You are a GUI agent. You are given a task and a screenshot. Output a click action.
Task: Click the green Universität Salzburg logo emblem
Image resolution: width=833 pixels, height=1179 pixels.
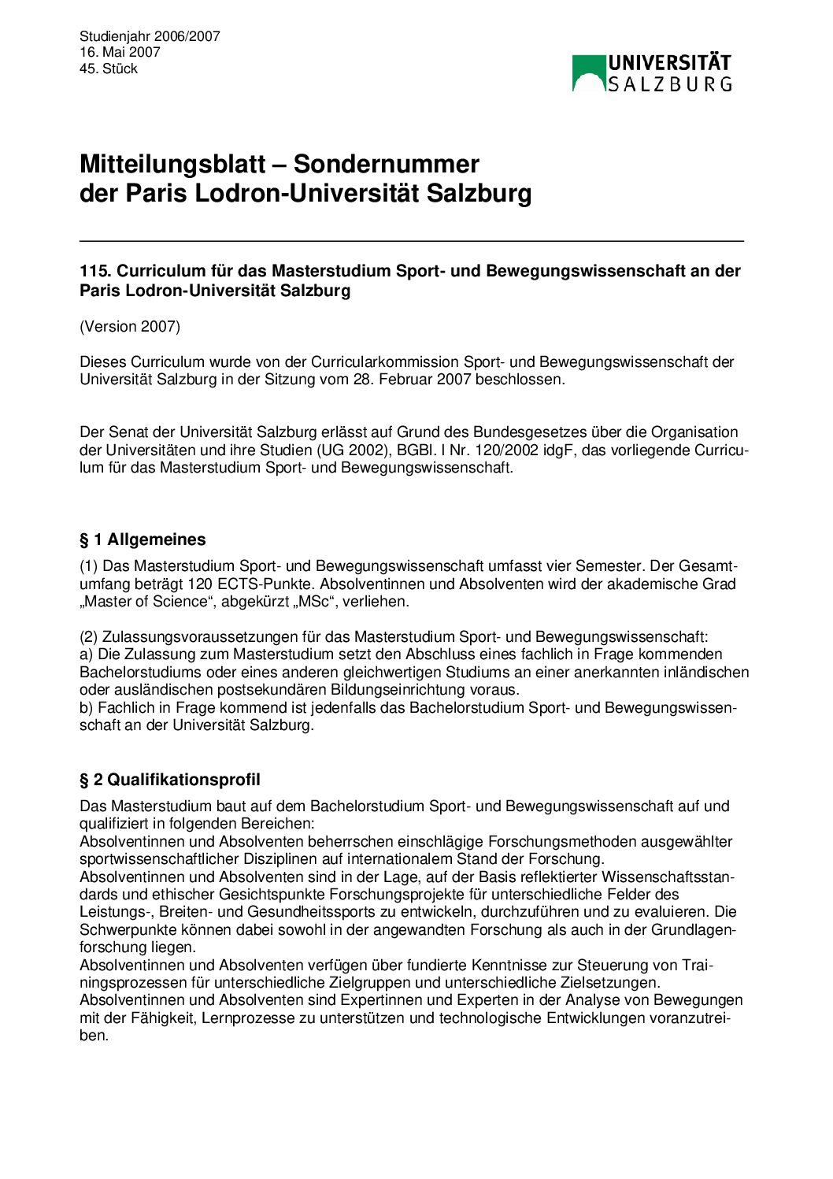[x=589, y=72]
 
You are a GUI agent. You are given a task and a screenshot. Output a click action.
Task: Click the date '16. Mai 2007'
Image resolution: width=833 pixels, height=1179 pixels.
[x=120, y=52]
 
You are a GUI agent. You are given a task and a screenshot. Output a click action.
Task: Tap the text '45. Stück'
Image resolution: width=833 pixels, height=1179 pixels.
[x=109, y=69]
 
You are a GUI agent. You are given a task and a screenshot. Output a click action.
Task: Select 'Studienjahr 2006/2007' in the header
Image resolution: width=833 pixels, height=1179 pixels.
[x=150, y=36]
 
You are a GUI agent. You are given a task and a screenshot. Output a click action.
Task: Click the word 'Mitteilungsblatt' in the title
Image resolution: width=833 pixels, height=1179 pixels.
[x=172, y=164]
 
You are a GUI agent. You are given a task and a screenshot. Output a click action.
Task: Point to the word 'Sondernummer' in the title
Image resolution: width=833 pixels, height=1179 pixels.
[x=386, y=164]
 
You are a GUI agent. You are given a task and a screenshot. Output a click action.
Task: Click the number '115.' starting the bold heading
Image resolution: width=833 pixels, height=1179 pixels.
[x=94, y=271]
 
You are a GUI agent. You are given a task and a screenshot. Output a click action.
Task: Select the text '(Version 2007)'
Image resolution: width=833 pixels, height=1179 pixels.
[x=130, y=326]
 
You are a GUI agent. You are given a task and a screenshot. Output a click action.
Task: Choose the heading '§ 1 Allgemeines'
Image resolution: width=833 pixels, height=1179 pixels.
[x=143, y=539]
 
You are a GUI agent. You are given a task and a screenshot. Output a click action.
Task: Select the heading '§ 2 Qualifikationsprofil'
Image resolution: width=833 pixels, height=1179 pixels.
[x=170, y=780]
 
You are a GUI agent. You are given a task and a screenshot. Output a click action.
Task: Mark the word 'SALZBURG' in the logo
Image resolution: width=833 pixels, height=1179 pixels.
[x=670, y=83]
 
